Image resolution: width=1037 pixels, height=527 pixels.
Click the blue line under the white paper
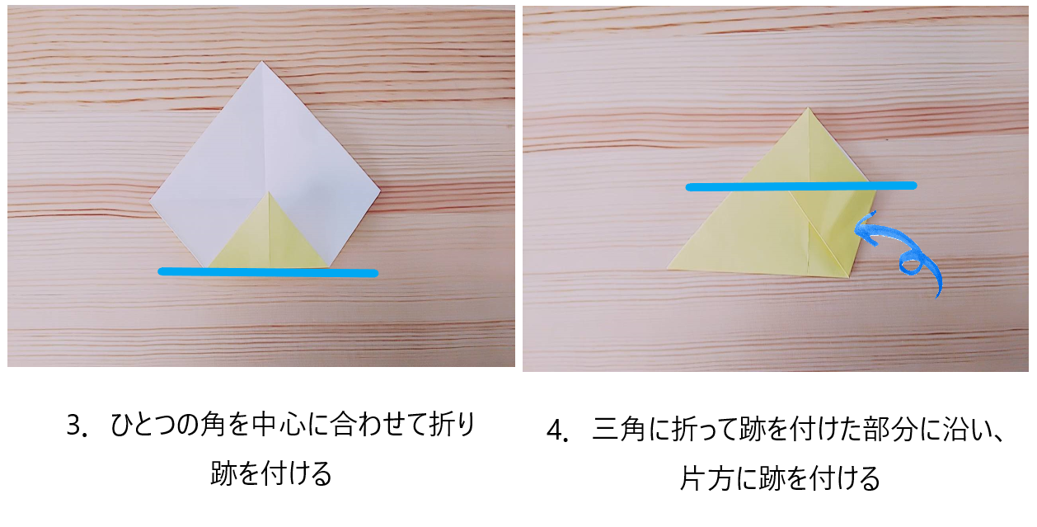(x=268, y=272)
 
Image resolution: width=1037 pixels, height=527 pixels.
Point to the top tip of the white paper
(x=262, y=61)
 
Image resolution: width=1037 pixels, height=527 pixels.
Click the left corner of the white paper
(x=149, y=201)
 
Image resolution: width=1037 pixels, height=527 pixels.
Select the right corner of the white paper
(x=381, y=190)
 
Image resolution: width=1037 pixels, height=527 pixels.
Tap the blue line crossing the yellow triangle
(x=801, y=186)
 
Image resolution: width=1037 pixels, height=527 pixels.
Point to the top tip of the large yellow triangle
(x=809, y=108)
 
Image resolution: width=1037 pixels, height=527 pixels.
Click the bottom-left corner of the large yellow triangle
(x=667, y=268)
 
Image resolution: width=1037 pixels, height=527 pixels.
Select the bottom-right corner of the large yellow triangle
(x=849, y=277)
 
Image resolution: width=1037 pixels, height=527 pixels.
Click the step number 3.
(x=74, y=425)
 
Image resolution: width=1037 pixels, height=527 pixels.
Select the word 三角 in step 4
(x=618, y=430)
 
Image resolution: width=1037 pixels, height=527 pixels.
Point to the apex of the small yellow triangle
(x=269, y=192)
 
